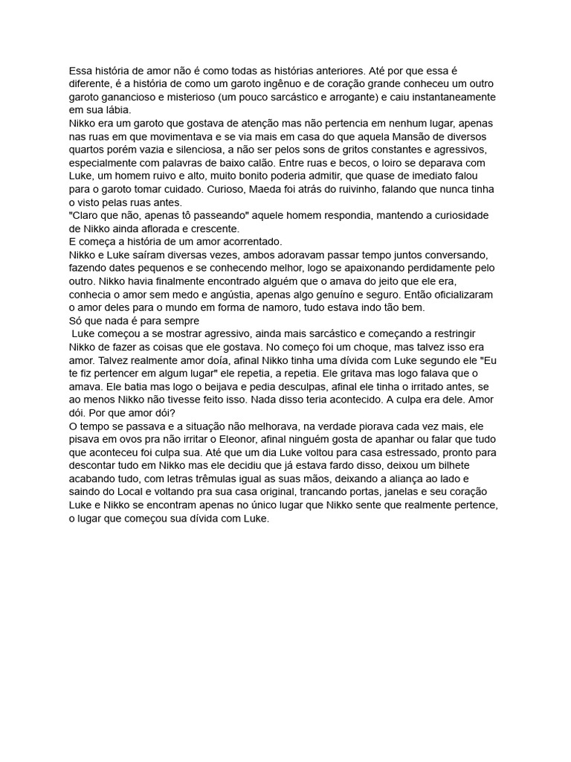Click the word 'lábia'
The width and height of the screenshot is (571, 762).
click(113, 110)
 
